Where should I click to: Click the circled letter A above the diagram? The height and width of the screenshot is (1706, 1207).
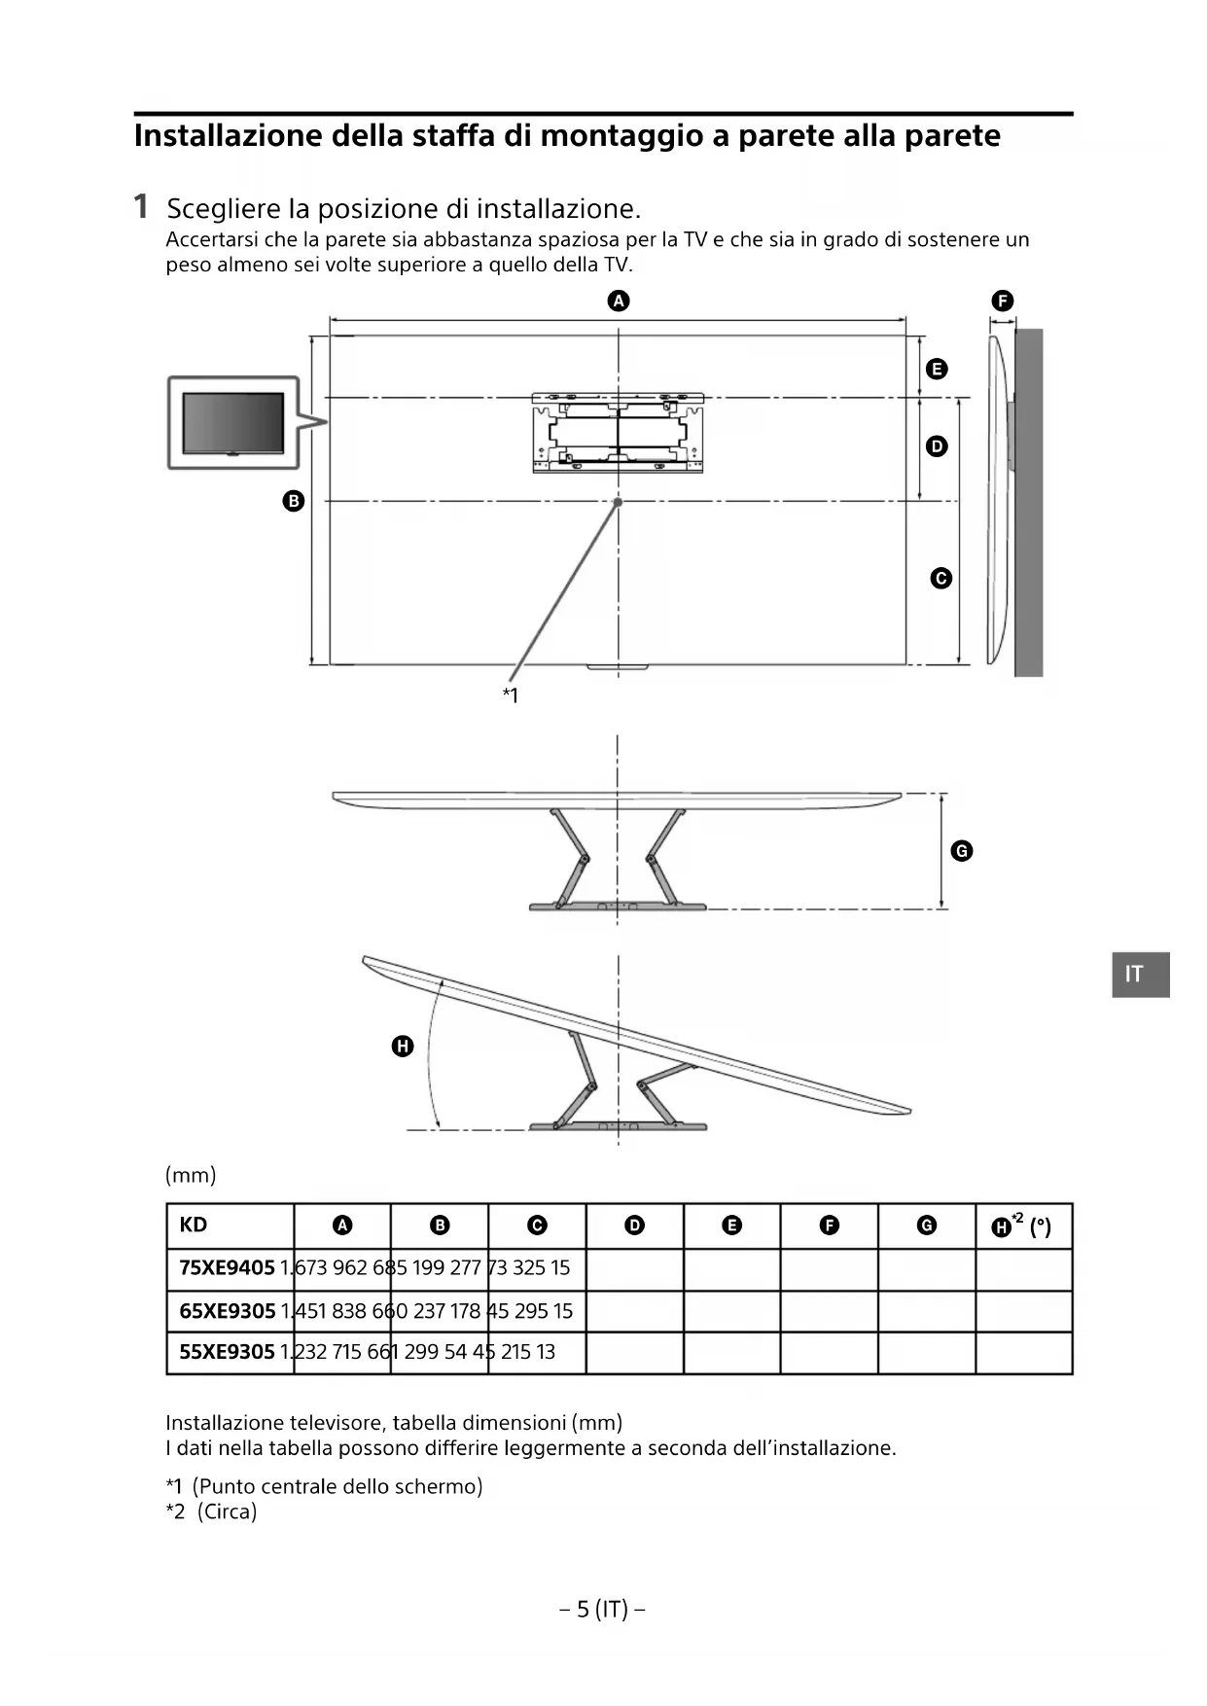(x=619, y=301)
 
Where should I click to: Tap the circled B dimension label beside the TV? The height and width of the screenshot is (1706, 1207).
(x=293, y=501)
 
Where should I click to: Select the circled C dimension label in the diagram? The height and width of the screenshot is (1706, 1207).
(x=941, y=578)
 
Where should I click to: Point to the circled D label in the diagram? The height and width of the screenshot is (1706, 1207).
(x=937, y=446)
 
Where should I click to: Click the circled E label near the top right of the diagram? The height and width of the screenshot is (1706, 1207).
(x=937, y=369)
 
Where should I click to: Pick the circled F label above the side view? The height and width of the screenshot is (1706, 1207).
(x=1002, y=301)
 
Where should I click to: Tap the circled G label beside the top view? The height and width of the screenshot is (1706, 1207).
(x=961, y=851)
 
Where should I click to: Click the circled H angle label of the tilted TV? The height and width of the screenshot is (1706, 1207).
(x=403, y=1047)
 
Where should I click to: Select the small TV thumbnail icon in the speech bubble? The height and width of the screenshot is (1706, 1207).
(x=233, y=423)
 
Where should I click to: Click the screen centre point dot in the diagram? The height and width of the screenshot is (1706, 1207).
(x=618, y=502)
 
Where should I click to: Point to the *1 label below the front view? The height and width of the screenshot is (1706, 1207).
(x=511, y=694)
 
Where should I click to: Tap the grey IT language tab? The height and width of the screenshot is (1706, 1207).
(x=1140, y=975)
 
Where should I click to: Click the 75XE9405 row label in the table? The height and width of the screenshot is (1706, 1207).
(x=228, y=1268)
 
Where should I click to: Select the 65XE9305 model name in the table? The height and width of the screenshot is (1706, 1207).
(x=228, y=1311)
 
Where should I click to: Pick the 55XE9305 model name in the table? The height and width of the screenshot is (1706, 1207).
(x=228, y=1352)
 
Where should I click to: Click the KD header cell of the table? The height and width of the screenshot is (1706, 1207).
(x=194, y=1225)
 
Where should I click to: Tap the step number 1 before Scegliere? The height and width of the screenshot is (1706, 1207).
(x=141, y=206)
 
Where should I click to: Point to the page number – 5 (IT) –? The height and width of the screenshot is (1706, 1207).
(x=603, y=1610)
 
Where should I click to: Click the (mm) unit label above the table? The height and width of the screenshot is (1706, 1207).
(x=191, y=1175)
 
